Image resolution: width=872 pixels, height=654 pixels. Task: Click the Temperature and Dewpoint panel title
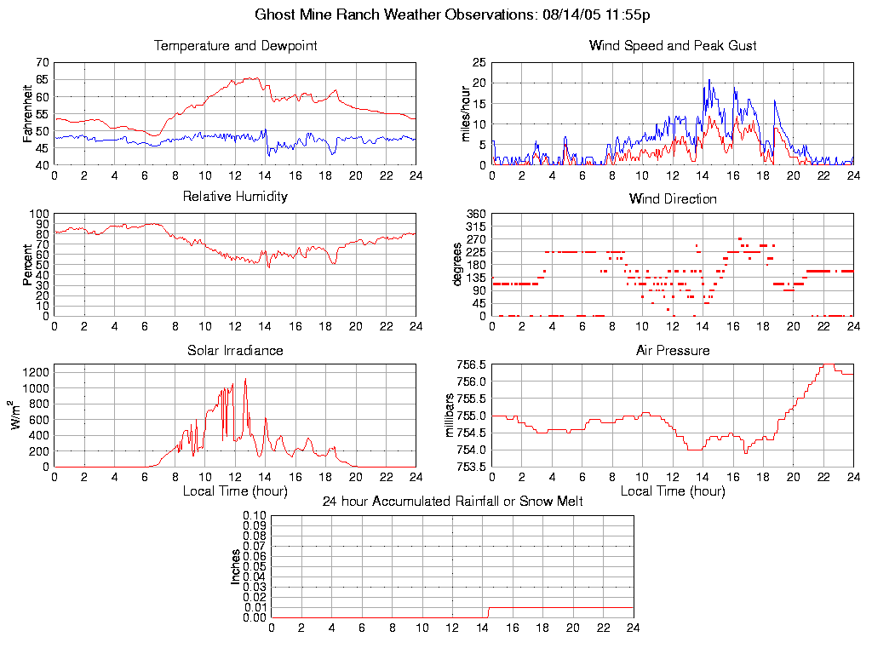click(x=235, y=45)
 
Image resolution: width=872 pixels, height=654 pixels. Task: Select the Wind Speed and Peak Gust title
click(x=672, y=45)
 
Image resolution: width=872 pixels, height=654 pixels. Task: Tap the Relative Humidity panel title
click(x=235, y=197)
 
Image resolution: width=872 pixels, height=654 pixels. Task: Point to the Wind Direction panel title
click(x=672, y=198)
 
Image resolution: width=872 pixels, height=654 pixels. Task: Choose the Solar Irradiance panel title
click(x=235, y=350)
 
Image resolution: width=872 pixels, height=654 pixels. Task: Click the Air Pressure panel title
click(x=672, y=350)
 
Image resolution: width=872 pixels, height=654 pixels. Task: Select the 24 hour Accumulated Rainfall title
click(x=452, y=502)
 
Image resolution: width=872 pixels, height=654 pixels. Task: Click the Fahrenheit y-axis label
click(x=28, y=112)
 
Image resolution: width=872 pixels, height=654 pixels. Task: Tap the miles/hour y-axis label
click(x=466, y=112)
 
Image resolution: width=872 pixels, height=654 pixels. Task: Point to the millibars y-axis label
click(x=452, y=415)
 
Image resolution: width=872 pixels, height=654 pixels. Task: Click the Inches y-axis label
click(x=236, y=566)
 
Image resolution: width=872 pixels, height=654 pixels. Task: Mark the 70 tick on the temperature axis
click(x=42, y=62)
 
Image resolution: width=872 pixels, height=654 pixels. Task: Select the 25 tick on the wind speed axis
click(x=479, y=62)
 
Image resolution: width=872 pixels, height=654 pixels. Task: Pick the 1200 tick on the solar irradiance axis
click(x=37, y=372)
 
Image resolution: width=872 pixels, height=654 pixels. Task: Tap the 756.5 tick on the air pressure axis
click(x=471, y=365)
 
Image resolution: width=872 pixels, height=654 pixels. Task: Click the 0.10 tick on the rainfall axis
click(x=255, y=516)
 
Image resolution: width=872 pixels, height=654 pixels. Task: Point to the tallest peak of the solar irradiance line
click(x=245, y=379)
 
